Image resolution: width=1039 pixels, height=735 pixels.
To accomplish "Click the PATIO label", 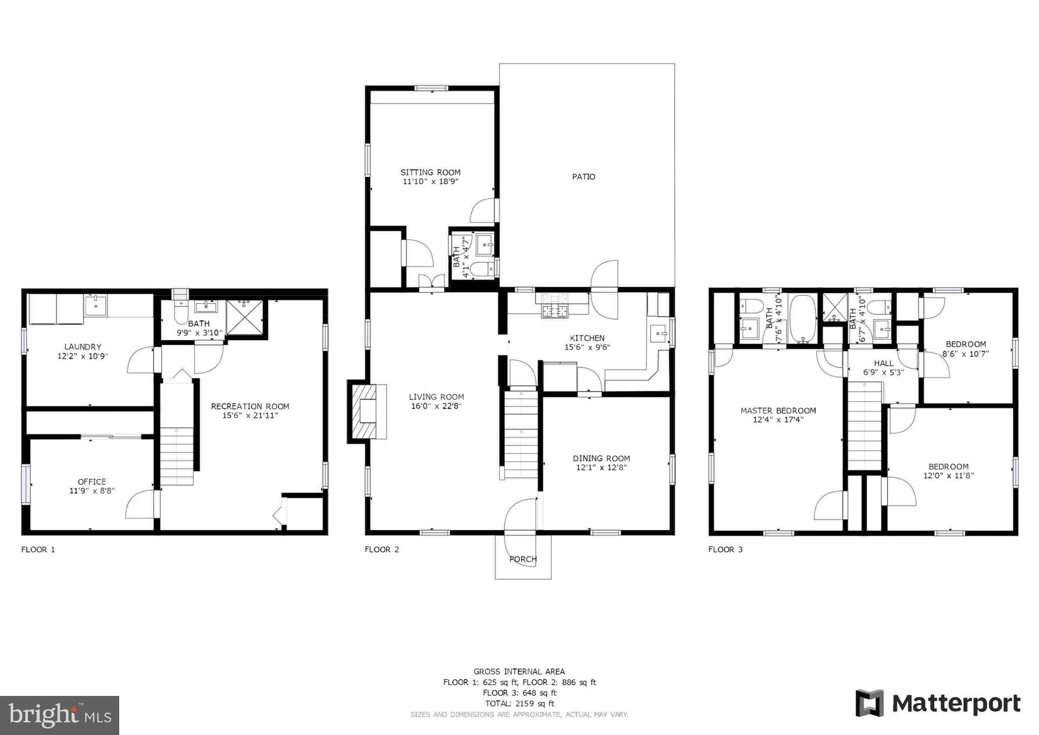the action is click(583, 177).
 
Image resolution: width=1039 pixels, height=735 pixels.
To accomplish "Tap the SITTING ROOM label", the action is click(430, 173).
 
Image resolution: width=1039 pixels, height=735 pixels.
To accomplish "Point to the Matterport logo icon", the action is click(870, 703).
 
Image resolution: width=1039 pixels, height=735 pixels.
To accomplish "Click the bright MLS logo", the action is click(60, 715).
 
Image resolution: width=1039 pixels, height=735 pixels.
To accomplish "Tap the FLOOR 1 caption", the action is click(38, 549).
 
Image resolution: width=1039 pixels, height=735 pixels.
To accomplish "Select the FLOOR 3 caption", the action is click(725, 549).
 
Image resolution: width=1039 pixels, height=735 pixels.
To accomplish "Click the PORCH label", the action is click(523, 559).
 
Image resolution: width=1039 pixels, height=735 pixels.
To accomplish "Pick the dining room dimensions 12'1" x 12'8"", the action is click(601, 467).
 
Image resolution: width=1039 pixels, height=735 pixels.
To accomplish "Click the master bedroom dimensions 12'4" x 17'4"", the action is click(778, 420).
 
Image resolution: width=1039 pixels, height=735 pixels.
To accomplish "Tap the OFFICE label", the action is click(92, 482).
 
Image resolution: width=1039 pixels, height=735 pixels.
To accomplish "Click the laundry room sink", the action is click(95, 306).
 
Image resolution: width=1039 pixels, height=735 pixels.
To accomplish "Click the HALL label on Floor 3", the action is click(884, 363).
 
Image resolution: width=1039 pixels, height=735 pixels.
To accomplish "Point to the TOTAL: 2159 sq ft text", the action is click(519, 704).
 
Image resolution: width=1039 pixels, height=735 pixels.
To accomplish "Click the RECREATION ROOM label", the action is click(250, 407).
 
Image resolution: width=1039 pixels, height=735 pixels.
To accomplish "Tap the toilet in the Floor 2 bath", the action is click(482, 269).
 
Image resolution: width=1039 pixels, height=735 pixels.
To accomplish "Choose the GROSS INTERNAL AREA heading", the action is click(519, 672).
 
